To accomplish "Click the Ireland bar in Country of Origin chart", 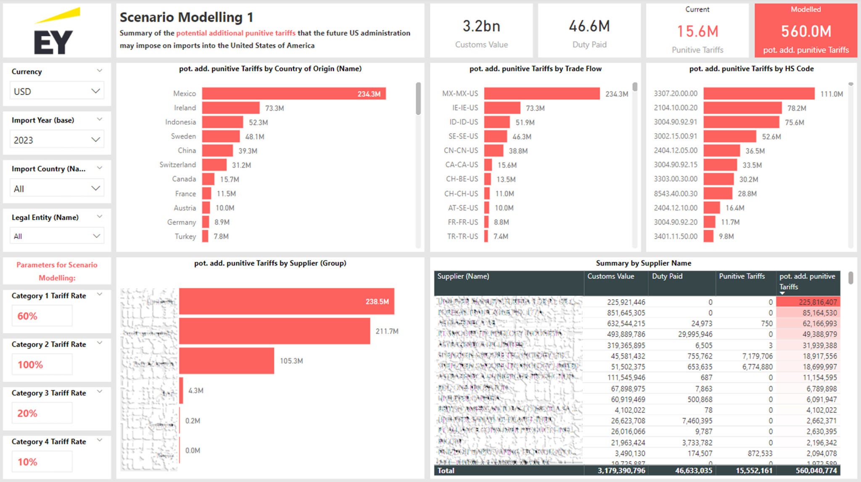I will coord(230,108).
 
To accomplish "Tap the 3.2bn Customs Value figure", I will coord(481,26).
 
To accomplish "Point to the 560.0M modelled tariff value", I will coord(806,32).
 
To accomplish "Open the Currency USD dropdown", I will coord(57,91).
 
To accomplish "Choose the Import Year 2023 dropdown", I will coord(57,140).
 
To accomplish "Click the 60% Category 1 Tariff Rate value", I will coord(28,316).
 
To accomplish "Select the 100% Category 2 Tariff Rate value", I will coord(30,365).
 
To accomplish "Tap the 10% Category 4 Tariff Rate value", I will coord(28,462).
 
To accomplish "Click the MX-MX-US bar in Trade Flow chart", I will coord(541,94).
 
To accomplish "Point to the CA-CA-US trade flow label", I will coord(462,165).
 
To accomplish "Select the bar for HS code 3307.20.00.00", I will coord(759,94).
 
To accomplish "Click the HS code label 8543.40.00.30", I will coord(675,194).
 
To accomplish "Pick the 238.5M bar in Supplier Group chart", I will coord(286,301).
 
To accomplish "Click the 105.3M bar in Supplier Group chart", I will coord(227,361).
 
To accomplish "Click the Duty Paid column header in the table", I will coord(667,277).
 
